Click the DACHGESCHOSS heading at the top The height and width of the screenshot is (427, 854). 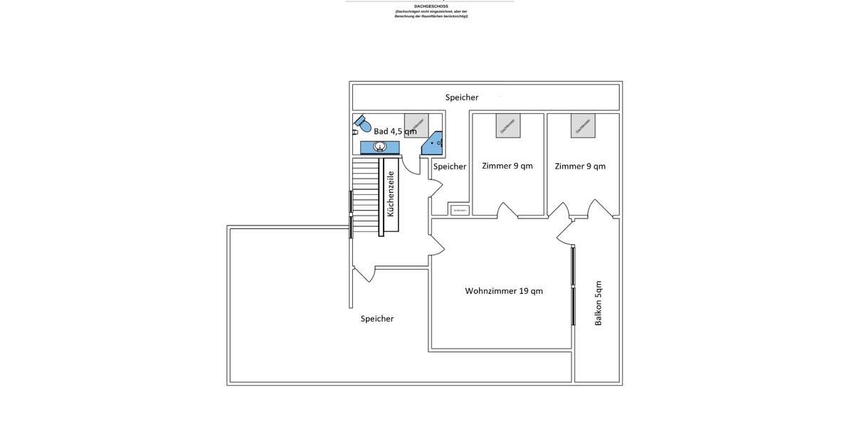coord(431,6)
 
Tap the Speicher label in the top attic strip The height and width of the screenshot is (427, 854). coord(462,97)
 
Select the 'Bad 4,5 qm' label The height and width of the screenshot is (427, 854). coord(394,131)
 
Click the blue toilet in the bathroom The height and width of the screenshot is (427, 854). coord(364,125)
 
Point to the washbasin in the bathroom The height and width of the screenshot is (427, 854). coord(380,147)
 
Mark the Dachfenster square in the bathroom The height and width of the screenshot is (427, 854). coord(416,125)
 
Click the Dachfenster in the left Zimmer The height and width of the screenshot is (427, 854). coord(508,125)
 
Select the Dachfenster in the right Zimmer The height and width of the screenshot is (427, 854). coord(582,125)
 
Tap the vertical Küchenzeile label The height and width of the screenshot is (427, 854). coord(390,194)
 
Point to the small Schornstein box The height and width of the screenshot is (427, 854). coord(459,210)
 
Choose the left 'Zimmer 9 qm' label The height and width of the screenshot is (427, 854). coord(507,166)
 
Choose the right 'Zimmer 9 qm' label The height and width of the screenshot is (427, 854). coord(580,166)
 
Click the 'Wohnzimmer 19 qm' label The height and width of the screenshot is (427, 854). coord(504,290)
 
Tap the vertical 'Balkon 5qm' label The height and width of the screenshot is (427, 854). coord(598,302)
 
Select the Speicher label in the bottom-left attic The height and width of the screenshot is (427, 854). coord(377,319)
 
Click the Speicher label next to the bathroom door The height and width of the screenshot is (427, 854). coord(450,167)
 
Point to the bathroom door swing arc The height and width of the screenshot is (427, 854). coord(410,164)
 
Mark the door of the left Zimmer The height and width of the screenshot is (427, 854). coord(507,210)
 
